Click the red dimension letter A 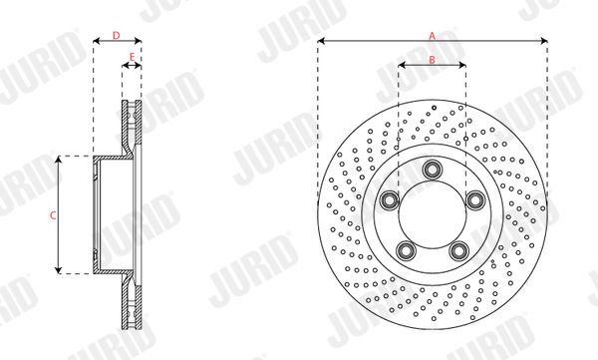point(432,36)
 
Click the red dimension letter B point(432,60)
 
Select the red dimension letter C point(53,215)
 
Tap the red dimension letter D point(117,36)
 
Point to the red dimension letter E point(132,57)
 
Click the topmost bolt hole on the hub point(433,169)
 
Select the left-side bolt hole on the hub point(390,200)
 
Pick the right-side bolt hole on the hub point(475,200)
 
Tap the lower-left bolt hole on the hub point(406,250)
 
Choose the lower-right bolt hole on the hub point(458,250)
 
